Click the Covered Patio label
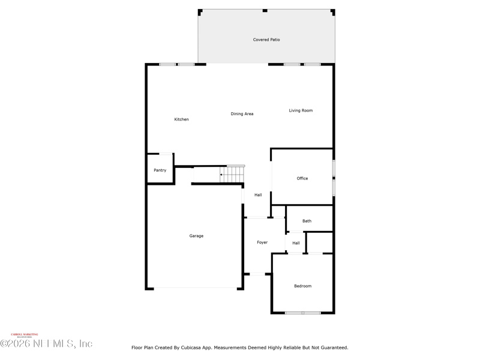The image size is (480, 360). [266, 40]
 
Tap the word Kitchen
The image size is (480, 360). [181, 119]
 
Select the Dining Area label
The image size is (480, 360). [242, 114]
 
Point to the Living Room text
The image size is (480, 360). [301, 110]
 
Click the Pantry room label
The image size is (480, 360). [160, 170]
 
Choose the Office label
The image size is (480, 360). [302, 178]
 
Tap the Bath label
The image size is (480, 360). [307, 221]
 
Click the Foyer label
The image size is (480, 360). [262, 242]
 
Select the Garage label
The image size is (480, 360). [196, 236]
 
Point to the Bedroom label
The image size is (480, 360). [302, 286]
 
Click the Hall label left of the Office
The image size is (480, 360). [258, 195]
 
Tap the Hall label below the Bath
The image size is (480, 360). [296, 243]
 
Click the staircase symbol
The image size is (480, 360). [232, 174]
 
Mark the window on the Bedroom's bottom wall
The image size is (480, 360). [302, 313]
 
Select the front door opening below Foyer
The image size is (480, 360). [257, 274]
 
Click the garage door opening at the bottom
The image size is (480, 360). [196, 289]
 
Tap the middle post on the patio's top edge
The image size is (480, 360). [265, 10]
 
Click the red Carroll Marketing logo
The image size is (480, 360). [25, 335]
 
